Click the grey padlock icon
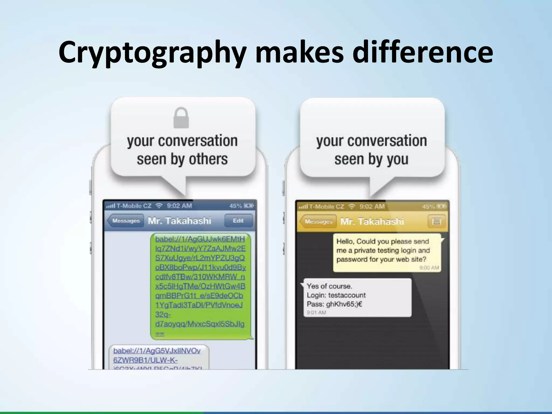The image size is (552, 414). click(x=181, y=118)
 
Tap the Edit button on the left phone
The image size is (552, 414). click(x=238, y=221)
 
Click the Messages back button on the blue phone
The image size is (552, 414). click(x=126, y=221)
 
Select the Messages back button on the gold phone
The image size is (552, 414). click(x=318, y=222)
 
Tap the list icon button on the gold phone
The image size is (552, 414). click(x=436, y=222)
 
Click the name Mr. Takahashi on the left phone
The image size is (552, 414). click(x=180, y=221)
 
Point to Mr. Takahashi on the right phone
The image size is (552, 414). click(x=372, y=222)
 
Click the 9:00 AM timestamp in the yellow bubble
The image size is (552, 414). click(x=429, y=268)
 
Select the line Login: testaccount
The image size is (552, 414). click(x=336, y=295)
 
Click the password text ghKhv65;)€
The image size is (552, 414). click(x=344, y=304)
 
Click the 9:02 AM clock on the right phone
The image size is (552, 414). click(x=372, y=207)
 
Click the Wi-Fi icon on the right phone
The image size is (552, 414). click(x=351, y=207)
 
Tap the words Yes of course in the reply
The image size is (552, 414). click(x=329, y=286)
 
